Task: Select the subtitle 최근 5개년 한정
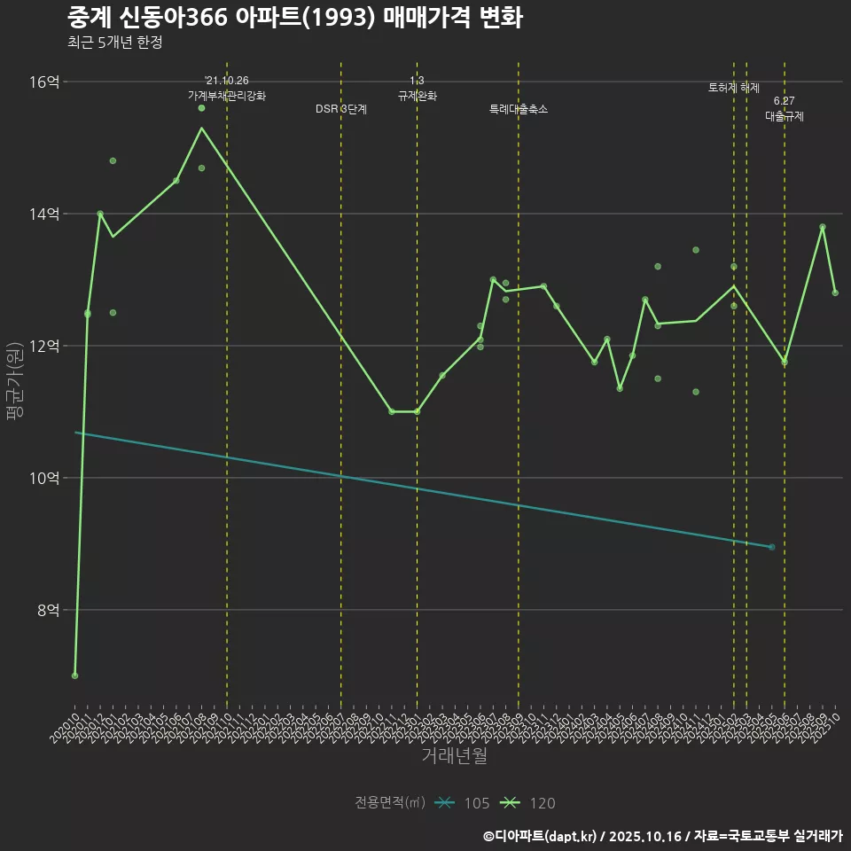[x=114, y=43]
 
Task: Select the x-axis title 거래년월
[x=454, y=756]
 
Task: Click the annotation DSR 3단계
[x=341, y=109]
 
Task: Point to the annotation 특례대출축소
[x=519, y=109]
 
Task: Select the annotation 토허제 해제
[x=734, y=88]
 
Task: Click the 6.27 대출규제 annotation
[x=785, y=109]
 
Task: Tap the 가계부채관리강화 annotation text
[x=226, y=95]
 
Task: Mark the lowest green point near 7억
[x=74, y=675]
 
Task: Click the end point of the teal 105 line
[x=772, y=547]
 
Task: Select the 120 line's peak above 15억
[x=201, y=128]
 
